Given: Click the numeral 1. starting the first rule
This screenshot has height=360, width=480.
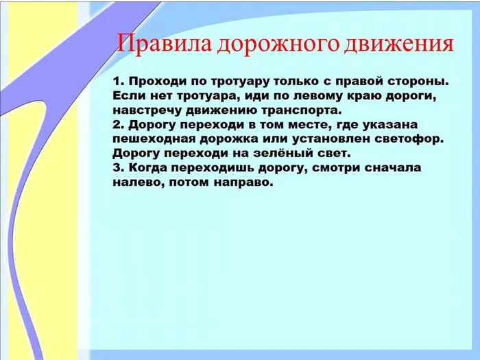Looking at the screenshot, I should (118, 81).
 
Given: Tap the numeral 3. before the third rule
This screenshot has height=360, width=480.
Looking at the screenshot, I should (118, 167).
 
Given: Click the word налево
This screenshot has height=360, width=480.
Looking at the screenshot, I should (134, 182).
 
